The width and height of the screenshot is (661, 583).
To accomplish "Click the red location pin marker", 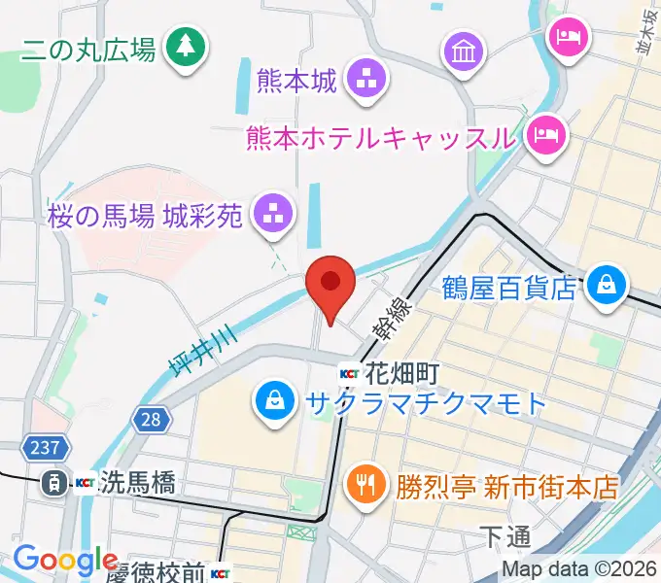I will pyautogui.click(x=330, y=286).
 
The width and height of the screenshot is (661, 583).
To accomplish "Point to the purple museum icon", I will pyautogui.click(x=465, y=50).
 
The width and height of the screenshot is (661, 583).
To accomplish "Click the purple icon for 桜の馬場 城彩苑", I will pyautogui.click(x=271, y=214).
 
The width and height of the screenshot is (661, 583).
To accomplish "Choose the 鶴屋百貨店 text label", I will pyautogui.click(x=508, y=289).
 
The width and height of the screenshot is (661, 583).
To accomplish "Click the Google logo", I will pyautogui.click(x=65, y=561).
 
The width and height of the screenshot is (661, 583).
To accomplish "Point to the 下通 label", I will pyautogui.click(x=505, y=535).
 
